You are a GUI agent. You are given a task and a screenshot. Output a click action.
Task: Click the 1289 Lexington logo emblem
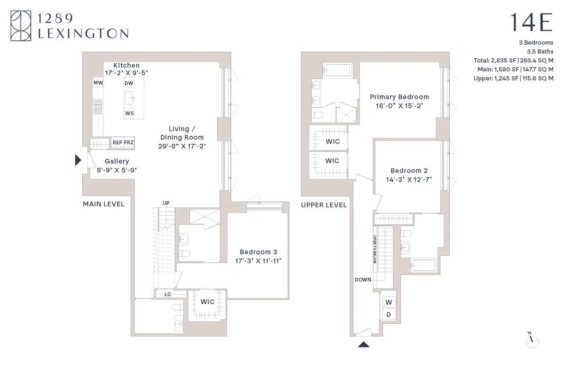coord(21,26)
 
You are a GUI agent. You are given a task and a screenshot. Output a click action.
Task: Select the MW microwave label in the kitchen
coord(98,83)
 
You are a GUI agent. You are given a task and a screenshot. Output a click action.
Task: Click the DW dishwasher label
coord(129,83)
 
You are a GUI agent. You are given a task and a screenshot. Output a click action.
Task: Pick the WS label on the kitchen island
coord(129,113)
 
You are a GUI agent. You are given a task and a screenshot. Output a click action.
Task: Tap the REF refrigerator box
coord(117,142)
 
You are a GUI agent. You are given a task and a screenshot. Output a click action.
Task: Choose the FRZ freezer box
coord(129,142)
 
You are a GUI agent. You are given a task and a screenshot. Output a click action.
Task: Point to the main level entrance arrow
coord(78,160)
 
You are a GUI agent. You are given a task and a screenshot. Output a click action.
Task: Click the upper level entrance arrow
coord(364,344)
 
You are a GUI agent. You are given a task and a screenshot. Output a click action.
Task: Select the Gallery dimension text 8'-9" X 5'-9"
coord(117,170)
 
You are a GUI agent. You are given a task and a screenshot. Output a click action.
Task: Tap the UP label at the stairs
coord(165,203)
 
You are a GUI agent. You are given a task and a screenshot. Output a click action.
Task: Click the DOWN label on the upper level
coord(363,280)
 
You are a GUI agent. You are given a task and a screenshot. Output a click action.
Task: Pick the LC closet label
coord(168,294)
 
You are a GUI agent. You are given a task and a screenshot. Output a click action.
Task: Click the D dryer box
coord(389,314)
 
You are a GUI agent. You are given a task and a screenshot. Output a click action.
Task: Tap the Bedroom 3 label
coord(258,252)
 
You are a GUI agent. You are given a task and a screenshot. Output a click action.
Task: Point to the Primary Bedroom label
coord(399,97)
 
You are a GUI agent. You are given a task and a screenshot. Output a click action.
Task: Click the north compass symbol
coord(532,341)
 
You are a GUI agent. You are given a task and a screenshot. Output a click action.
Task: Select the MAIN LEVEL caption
coord(103,204)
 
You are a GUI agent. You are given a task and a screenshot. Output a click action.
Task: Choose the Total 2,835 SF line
coord(513,60)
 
